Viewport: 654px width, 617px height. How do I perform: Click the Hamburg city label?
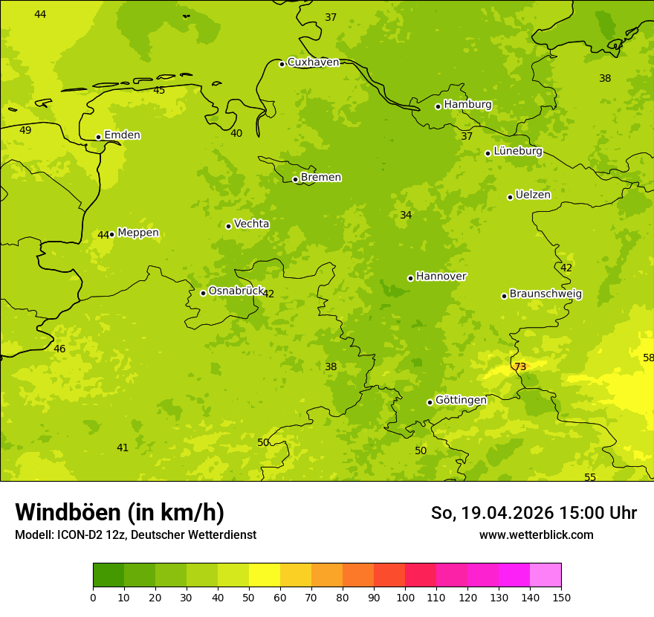[467, 105]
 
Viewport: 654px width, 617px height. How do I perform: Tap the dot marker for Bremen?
[295, 179]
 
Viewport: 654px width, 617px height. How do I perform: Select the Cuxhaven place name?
[313, 62]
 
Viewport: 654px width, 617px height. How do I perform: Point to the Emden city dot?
[98, 137]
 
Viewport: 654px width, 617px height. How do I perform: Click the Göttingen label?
[461, 401]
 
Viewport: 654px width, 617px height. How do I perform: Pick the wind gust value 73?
[520, 366]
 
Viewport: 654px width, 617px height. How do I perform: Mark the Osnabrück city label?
[236, 291]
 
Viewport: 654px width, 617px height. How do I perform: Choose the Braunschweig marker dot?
[504, 296]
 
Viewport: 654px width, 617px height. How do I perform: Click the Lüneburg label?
[517, 151]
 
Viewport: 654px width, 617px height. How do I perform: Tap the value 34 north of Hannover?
[406, 215]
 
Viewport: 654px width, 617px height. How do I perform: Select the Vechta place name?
[251, 224]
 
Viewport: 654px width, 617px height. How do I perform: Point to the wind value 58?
[648, 358]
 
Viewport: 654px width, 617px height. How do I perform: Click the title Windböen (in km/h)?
[120, 512]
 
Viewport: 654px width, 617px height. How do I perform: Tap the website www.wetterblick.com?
[536, 534]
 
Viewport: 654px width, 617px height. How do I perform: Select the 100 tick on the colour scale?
[405, 597]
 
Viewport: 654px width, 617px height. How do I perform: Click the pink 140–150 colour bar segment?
[545, 575]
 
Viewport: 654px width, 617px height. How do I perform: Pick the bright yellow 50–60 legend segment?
[265, 575]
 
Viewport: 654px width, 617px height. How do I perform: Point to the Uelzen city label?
[533, 196]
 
